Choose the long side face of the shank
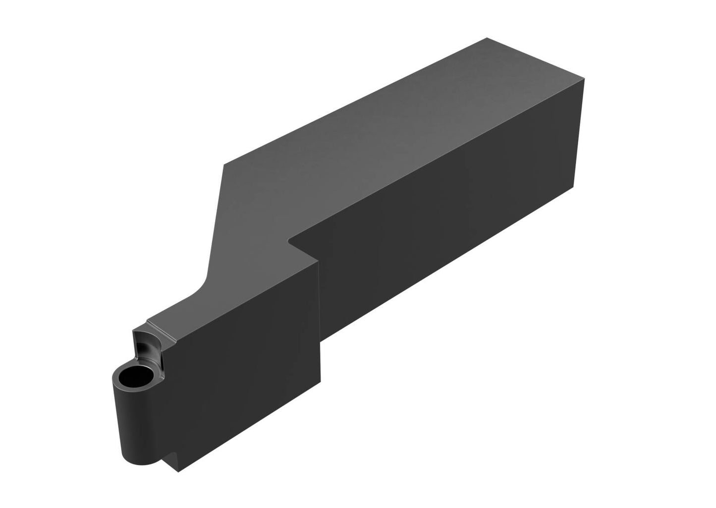446,223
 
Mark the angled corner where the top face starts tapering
224,164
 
